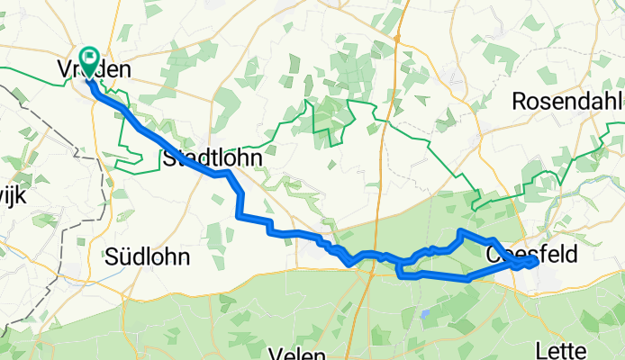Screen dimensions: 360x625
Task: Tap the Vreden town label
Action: pos(101,70)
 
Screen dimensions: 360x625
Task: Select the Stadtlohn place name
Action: pos(213,158)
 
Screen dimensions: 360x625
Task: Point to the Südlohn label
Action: pos(148,256)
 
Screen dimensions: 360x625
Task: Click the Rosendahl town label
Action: pos(567,102)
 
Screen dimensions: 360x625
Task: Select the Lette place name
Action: pos(584,349)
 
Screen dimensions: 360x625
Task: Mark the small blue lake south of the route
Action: pos(423,315)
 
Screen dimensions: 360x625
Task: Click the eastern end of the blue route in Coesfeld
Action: pos(537,261)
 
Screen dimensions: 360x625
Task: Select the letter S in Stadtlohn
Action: pos(169,158)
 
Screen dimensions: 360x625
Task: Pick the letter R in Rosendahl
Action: pos(519,102)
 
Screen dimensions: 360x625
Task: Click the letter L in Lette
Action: pos(565,349)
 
